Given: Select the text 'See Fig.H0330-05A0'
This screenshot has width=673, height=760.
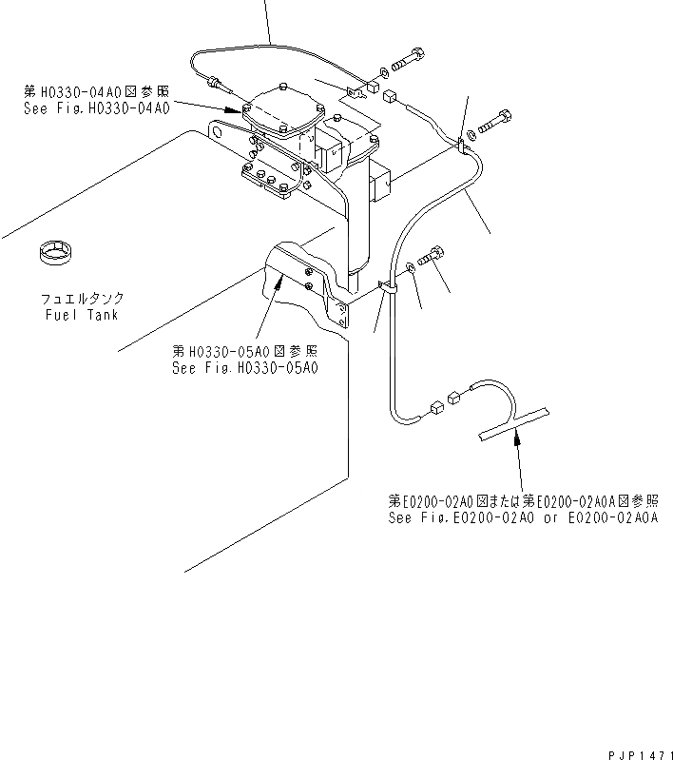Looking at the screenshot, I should pyautogui.click(x=244, y=368).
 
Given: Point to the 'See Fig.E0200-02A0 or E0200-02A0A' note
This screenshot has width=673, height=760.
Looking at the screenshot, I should pyautogui.click(x=522, y=517).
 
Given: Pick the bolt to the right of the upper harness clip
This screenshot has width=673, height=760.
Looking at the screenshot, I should pyautogui.click(x=495, y=123).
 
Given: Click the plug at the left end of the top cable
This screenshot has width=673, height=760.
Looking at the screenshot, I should pyautogui.click(x=216, y=84).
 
